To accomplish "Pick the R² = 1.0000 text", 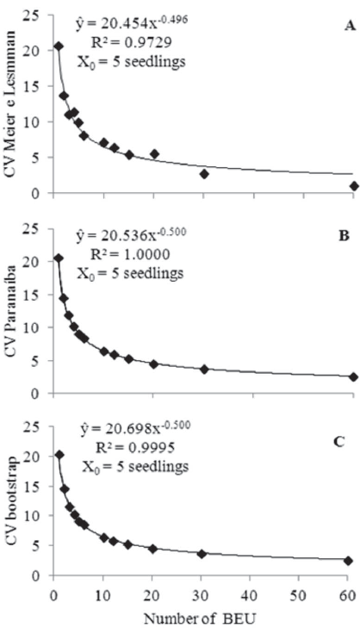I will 130,256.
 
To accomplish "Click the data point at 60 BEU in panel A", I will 353,185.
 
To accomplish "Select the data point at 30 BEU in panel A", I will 204,174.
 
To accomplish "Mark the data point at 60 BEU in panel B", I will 353,376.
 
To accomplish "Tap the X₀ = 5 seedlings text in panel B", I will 130,275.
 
